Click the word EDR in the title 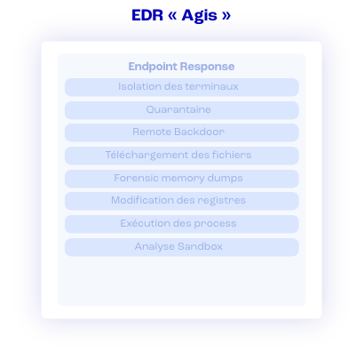point(147,15)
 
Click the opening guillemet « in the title point(172,16)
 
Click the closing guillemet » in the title point(226,16)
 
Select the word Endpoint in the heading point(153,67)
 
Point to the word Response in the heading point(207,67)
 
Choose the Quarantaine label point(178,109)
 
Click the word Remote point(152,132)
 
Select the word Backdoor point(200,132)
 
